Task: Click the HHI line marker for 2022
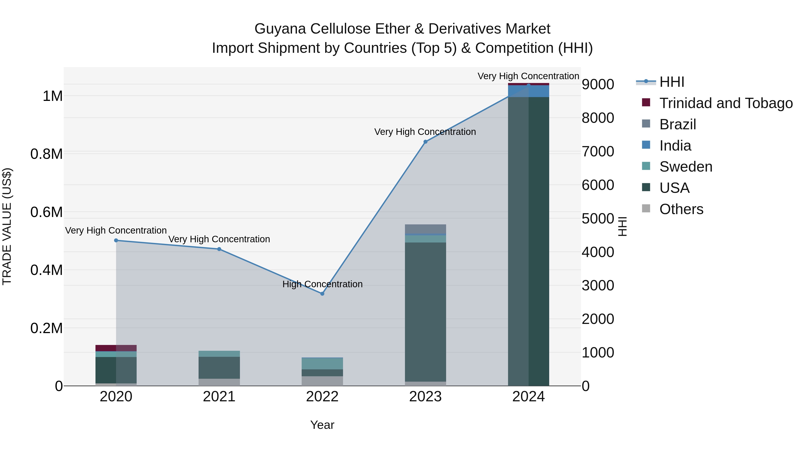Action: pyautogui.click(x=322, y=293)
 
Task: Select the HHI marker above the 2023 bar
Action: pyautogui.click(x=425, y=142)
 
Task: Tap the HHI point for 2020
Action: pyautogui.click(x=116, y=240)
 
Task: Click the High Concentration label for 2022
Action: pyautogui.click(x=322, y=284)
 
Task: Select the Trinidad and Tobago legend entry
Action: pyautogui.click(x=726, y=103)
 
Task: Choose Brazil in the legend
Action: pyautogui.click(x=678, y=124)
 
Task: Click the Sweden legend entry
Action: pyautogui.click(x=686, y=167)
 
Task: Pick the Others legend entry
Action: pyautogui.click(x=681, y=209)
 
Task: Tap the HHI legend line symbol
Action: pyautogui.click(x=646, y=82)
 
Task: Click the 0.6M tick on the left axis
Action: pyautogui.click(x=46, y=212)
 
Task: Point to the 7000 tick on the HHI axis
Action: pyautogui.click(x=597, y=152)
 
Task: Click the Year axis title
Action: pyautogui.click(x=322, y=425)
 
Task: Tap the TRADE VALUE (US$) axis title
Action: pyautogui.click(x=7, y=226)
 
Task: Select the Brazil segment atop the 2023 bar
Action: pyautogui.click(x=425, y=229)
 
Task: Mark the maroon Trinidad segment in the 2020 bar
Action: pyautogui.click(x=116, y=348)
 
